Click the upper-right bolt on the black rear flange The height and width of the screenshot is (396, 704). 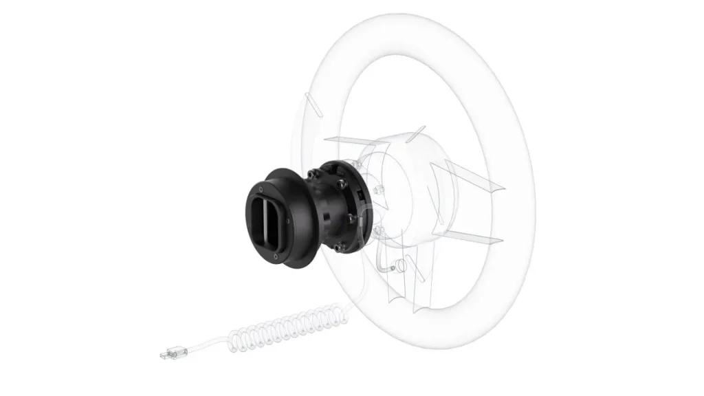[342, 184]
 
